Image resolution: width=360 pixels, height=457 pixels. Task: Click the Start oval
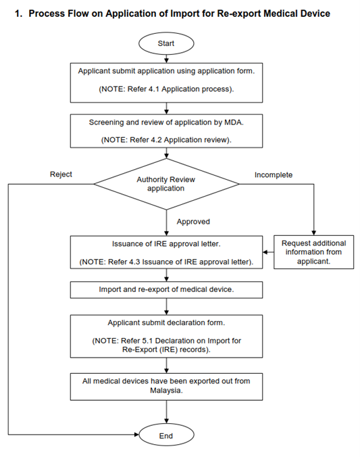pyautogui.click(x=166, y=43)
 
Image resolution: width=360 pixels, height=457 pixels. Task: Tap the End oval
pyautogui.click(x=166, y=435)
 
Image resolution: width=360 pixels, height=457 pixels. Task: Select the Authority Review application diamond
pyautogui.click(x=166, y=184)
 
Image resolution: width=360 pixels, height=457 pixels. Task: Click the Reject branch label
pyautogui.click(x=61, y=174)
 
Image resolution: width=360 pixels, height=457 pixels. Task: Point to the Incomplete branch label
pyautogui.click(x=274, y=175)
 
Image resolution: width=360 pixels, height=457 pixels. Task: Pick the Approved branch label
pyautogui.click(x=193, y=222)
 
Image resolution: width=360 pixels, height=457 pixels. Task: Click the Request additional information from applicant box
pyautogui.click(x=313, y=252)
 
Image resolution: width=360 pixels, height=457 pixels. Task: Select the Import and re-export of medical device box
pyautogui.click(x=166, y=290)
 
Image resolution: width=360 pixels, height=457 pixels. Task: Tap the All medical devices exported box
pyautogui.click(x=166, y=387)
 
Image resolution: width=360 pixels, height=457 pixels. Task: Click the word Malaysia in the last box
pyautogui.click(x=165, y=391)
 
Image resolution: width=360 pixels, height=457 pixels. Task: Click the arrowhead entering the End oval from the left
pyautogui.click(x=137, y=435)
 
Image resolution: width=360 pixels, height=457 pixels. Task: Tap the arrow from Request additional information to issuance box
pyautogui.click(x=268, y=252)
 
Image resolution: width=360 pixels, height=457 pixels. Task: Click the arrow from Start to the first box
pyautogui.click(x=166, y=59)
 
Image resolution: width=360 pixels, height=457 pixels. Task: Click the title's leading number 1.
pyautogui.click(x=18, y=14)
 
